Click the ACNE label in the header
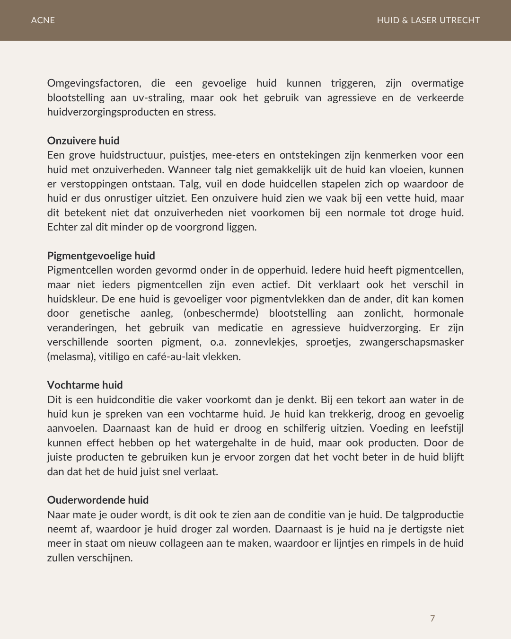coord(43,20)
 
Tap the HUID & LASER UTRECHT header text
coord(428,20)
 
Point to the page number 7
coord(432,619)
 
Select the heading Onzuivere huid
coord(83,141)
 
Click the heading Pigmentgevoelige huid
coord(101,256)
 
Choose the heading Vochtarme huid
coord(85,385)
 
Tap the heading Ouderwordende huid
coord(98,500)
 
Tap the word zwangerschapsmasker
coord(412,342)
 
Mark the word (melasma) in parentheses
coord(71,356)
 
